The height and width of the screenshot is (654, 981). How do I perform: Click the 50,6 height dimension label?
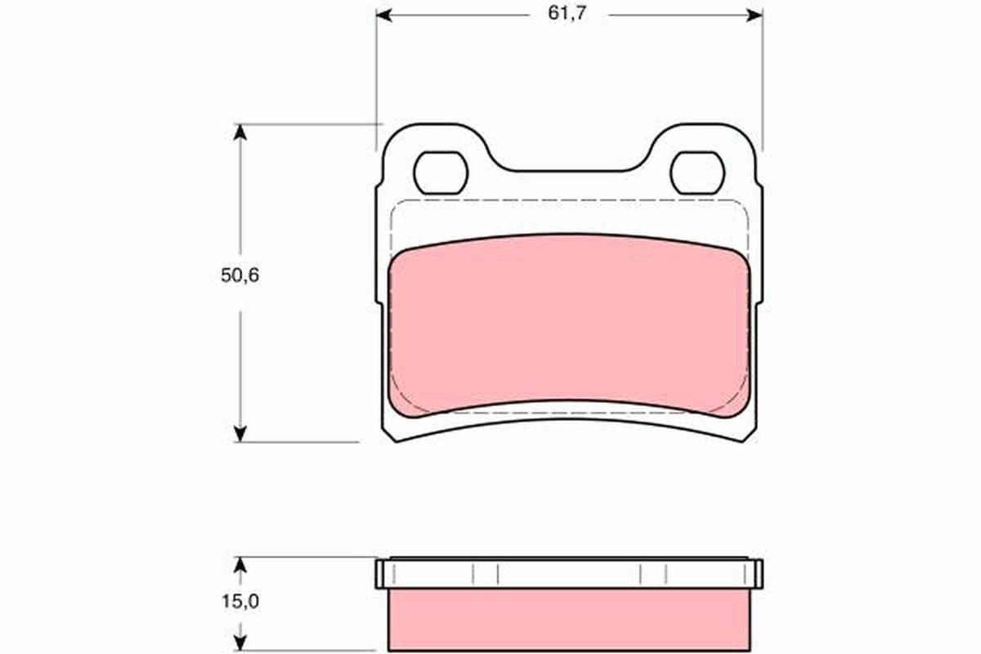tap(240, 275)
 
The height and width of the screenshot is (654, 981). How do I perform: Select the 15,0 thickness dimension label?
tap(240, 602)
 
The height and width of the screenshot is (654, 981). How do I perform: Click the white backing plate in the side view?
tap(569, 574)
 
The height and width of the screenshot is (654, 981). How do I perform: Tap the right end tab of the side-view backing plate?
tap(758, 574)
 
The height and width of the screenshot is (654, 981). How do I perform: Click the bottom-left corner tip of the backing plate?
tap(396, 440)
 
